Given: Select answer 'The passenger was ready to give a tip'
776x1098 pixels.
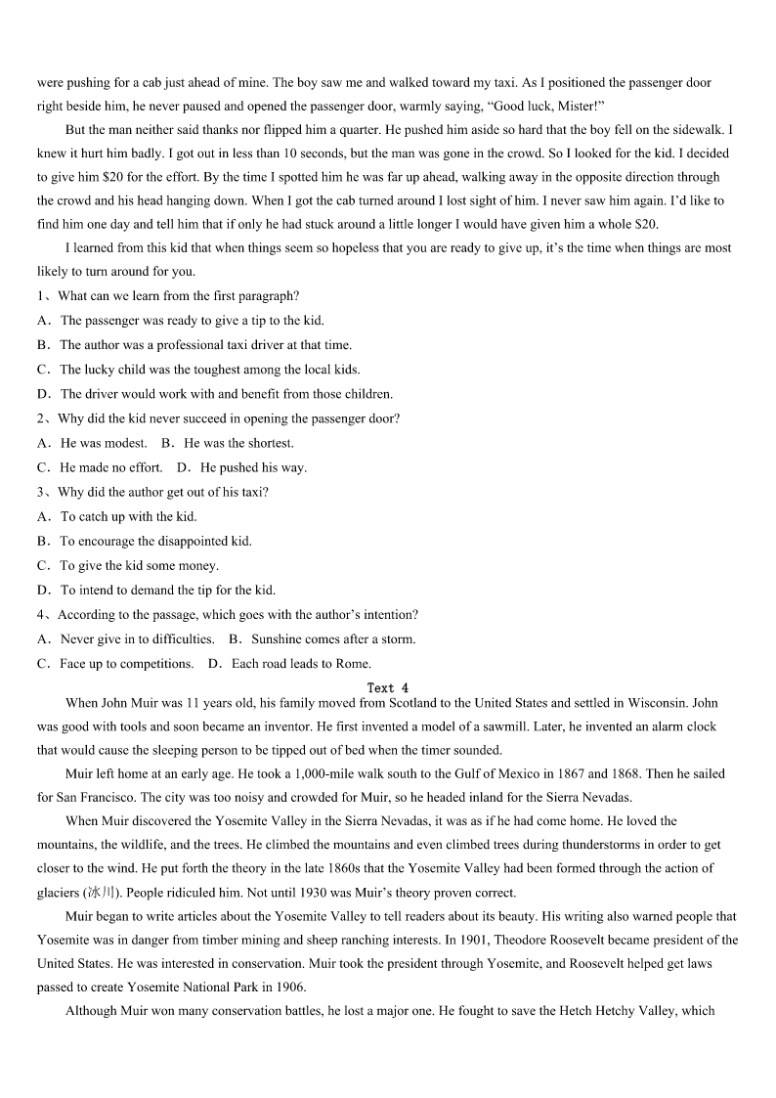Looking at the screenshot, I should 192,321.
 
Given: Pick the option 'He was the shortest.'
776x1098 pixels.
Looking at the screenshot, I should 238,443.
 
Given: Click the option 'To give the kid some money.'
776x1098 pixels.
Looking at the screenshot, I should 139,566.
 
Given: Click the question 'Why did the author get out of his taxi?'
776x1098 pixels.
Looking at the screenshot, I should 162,492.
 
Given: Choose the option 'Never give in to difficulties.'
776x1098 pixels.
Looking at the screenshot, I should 137,639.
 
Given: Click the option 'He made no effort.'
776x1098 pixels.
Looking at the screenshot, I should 111,467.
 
